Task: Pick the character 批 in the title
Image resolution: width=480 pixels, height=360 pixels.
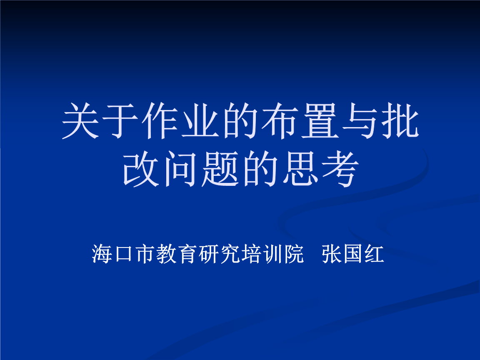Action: [400, 120]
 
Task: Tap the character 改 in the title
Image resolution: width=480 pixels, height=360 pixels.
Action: [141, 169]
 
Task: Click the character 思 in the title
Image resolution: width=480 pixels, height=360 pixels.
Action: [300, 169]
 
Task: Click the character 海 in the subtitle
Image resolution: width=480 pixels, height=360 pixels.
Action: [102, 254]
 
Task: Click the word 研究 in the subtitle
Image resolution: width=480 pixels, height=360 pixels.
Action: [219, 254]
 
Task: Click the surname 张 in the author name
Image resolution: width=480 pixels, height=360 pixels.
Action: [332, 254]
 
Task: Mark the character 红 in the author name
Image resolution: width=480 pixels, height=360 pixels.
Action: [375, 254]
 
